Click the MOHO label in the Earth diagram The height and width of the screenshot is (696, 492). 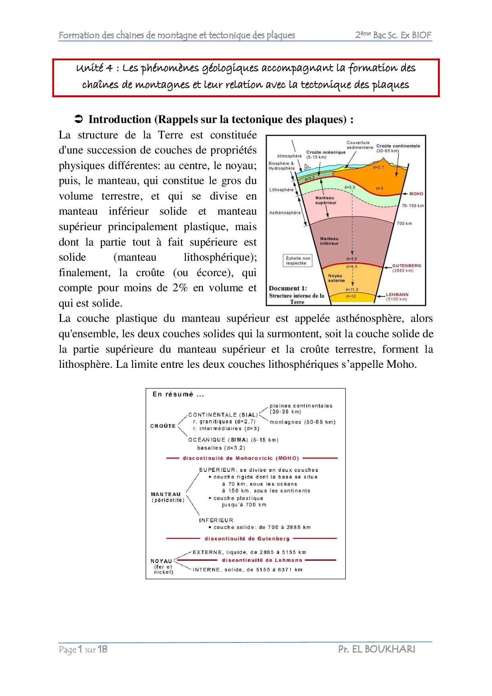point(416,194)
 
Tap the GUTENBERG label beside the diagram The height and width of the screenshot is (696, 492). point(406,265)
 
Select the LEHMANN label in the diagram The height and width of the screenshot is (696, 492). point(397,294)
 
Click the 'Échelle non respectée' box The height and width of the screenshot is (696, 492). point(298,260)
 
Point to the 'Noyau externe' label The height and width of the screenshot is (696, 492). point(336,278)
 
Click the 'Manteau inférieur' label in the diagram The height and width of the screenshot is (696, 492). point(329,241)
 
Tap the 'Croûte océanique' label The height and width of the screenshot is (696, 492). point(326,152)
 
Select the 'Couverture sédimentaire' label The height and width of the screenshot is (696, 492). point(359,145)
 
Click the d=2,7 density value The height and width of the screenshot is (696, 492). point(378,167)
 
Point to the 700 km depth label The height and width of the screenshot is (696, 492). point(404,223)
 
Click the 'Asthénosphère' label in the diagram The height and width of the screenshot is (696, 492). point(285,213)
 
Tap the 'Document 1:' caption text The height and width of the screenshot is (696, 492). point(288,288)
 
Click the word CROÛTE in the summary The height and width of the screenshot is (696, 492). point(163,426)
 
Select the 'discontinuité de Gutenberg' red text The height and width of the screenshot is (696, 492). point(247,538)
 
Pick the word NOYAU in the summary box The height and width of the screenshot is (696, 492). point(161,561)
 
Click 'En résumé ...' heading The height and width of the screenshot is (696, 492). point(178,394)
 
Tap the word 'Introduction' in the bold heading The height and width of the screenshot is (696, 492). point(119,119)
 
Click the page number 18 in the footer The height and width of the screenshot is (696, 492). point(102,649)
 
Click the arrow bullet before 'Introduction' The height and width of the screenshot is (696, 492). point(79,119)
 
